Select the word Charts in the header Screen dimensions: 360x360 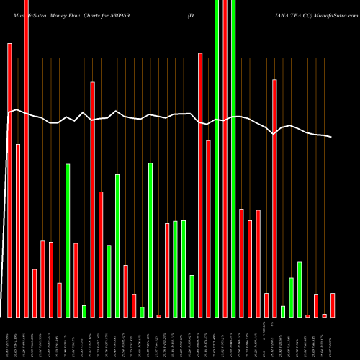100,14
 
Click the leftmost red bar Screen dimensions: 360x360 9,180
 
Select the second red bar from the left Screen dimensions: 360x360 18,230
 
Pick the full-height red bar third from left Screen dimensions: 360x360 26,158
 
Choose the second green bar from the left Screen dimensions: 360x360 84,311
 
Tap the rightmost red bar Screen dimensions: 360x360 333,305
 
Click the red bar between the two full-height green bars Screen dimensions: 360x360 225,158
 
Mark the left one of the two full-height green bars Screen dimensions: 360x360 217,158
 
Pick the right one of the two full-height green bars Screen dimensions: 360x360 233,158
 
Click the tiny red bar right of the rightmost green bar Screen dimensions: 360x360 307,315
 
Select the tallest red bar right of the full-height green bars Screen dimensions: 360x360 274,198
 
